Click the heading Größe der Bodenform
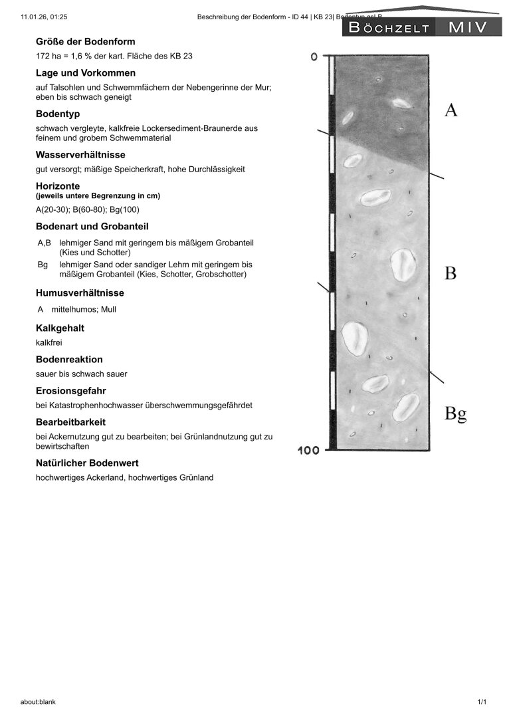tap(85, 41)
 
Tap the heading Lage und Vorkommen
tap(86, 72)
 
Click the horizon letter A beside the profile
tap(451, 110)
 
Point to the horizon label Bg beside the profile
tap(455, 414)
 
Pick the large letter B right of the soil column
tap(451, 273)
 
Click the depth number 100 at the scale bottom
tap(308, 451)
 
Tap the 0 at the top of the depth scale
tap(314, 57)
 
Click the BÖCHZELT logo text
tap(389, 28)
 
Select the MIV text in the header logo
tap(468, 28)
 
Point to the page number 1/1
tap(482, 702)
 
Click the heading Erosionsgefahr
tap(71, 390)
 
